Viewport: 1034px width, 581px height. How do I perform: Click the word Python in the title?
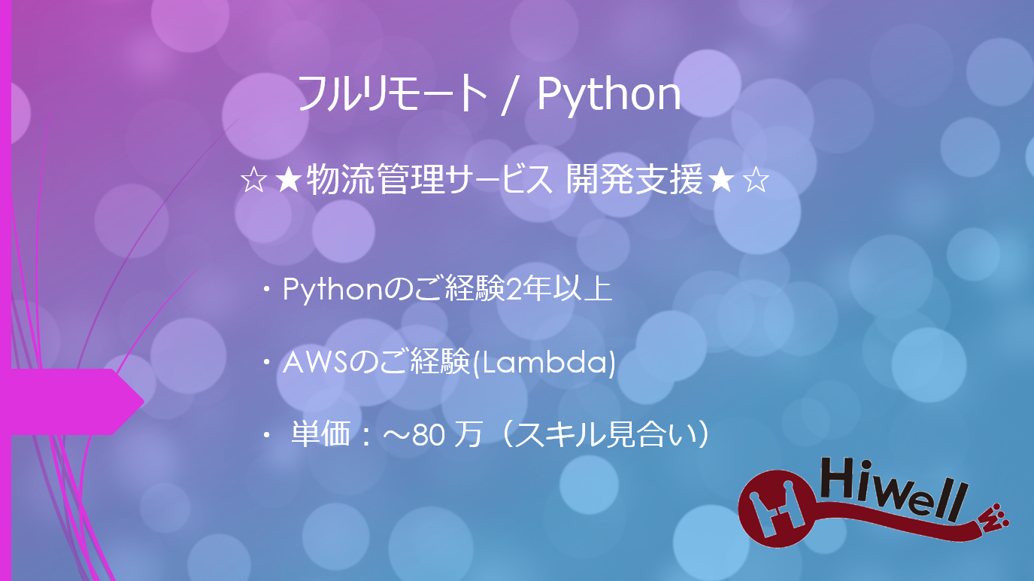608,96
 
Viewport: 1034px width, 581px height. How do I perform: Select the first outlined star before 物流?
252,182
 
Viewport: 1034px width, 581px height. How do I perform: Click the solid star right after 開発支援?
720,181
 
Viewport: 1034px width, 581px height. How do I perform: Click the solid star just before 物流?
288,182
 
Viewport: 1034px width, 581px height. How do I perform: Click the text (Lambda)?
547,364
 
